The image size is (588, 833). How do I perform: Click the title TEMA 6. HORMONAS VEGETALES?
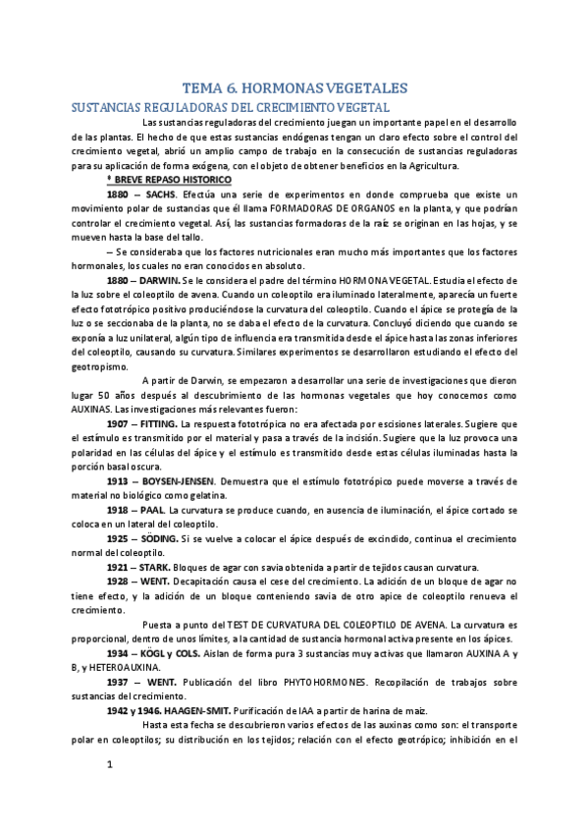[x=294, y=88]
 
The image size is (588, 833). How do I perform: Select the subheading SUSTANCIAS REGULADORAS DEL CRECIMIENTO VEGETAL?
[x=226, y=106]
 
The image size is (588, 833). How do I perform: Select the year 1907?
[x=122, y=422]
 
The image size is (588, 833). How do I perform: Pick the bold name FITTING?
[x=171, y=422]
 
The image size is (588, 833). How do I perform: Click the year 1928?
[x=122, y=582]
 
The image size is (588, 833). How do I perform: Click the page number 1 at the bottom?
[x=110, y=790]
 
